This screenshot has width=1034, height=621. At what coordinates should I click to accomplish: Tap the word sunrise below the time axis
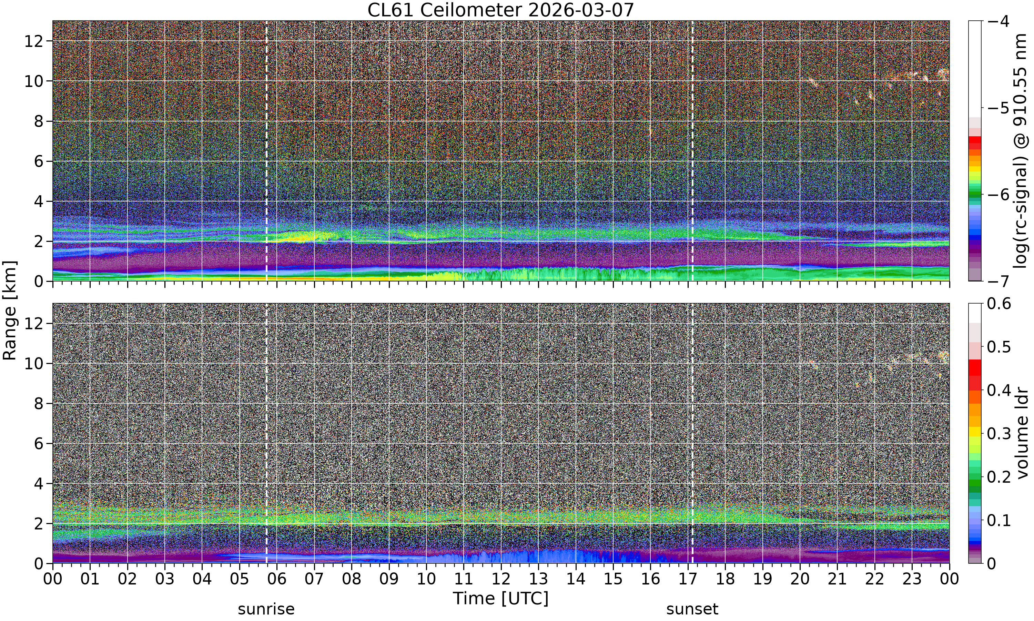[266, 609]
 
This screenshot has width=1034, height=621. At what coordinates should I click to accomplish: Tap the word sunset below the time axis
[692, 609]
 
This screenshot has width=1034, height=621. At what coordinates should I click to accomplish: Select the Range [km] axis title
[10, 310]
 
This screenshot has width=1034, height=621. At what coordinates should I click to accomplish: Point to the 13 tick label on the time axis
[538, 579]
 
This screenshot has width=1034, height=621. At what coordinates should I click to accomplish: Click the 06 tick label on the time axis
[277, 579]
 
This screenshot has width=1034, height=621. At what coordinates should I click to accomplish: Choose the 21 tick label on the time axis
[837, 579]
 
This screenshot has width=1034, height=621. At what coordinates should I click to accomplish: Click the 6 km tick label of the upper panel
[39, 161]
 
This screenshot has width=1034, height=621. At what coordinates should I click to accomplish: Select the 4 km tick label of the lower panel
[39, 483]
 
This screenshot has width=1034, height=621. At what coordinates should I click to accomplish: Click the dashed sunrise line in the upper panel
[266, 151]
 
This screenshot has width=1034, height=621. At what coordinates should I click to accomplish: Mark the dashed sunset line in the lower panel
[692, 434]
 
